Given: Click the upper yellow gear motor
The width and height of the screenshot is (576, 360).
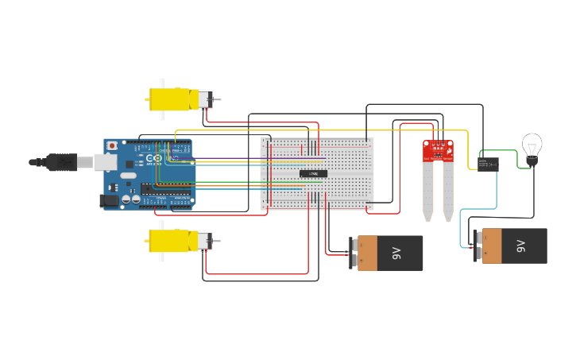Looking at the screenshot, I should pyautogui.click(x=172, y=99).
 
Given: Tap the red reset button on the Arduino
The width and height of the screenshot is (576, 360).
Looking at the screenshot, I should pyautogui.click(x=112, y=146).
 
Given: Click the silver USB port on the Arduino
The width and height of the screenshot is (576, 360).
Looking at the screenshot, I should pyautogui.click(x=105, y=162).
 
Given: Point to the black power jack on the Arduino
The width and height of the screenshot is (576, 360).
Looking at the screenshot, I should pyautogui.click(x=108, y=201).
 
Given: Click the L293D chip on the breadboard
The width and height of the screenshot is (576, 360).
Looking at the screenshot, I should pyautogui.click(x=313, y=173).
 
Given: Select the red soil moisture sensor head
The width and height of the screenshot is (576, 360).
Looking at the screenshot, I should pyautogui.click(x=438, y=151).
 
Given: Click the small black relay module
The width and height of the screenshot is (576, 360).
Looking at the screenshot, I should pyautogui.click(x=488, y=164).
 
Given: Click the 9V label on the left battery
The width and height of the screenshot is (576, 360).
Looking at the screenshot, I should pyautogui.click(x=396, y=253).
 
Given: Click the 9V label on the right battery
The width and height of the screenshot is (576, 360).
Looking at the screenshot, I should pyautogui.click(x=520, y=246).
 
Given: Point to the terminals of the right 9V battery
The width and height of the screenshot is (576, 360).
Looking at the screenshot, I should pyautogui.click(x=477, y=246).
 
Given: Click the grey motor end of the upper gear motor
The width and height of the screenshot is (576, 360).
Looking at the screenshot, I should pyautogui.click(x=204, y=99).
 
